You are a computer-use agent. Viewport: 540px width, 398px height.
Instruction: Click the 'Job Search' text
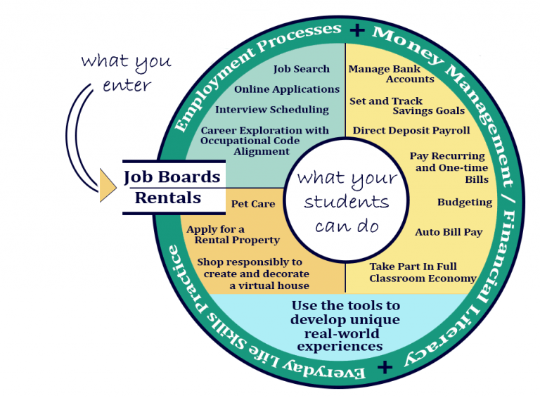(301, 69)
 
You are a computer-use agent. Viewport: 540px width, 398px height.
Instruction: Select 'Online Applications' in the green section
(286, 89)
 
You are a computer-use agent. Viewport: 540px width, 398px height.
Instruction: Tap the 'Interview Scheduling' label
(271, 110)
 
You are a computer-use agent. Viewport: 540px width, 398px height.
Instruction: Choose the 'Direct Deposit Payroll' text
(411, 131)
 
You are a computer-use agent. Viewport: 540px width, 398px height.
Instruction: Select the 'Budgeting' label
(464, 203)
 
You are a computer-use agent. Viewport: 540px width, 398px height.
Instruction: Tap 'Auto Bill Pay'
(449, 232)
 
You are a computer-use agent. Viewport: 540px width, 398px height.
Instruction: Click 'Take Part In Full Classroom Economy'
(423, 272)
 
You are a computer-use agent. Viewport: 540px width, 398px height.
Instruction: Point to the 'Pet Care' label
(253, 204)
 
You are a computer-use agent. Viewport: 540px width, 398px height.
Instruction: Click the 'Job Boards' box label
(172, 176)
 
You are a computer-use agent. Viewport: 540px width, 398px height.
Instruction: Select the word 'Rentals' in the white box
(167, 198)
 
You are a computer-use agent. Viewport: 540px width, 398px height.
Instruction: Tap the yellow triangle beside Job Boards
(107, 185)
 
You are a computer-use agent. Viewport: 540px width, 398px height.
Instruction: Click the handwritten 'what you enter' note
(126, 72)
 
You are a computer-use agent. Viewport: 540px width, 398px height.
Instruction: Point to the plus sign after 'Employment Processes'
(358, 30)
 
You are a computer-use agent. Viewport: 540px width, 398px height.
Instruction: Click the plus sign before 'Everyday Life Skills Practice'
(384, 367)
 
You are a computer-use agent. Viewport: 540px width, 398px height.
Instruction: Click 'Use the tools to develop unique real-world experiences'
(345, 326)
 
